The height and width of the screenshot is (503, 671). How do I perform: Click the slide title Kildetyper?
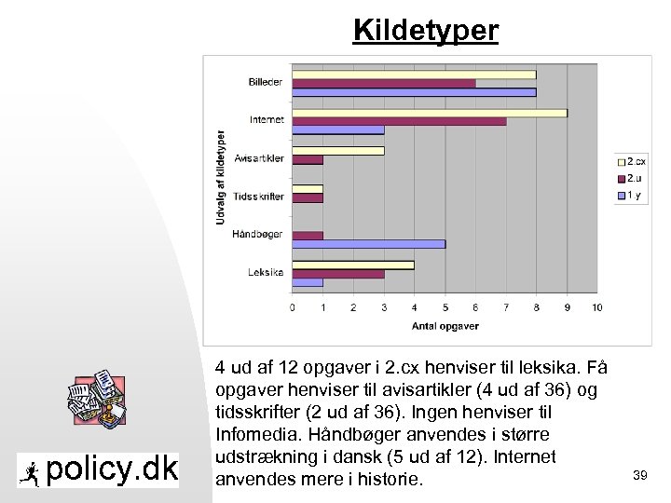[x=426, y=31]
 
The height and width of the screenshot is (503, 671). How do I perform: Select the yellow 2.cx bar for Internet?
[x=430, y=113]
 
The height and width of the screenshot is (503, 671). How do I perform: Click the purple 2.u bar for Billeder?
[x=384, y=83]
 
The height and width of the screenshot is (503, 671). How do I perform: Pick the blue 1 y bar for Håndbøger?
[x=369, y=244]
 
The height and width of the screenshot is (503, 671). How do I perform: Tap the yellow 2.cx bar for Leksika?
[x=353, y=265]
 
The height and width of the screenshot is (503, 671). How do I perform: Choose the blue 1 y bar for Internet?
[x=338, y=129]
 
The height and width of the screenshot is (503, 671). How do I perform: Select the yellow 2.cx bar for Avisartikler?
[x=338, y=150]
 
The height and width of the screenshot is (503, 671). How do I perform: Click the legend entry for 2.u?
[x=634, y=178]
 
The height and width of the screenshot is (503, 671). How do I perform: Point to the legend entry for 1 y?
[x=633, y=195]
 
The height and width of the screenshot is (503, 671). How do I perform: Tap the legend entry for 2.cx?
[x=636, y=161]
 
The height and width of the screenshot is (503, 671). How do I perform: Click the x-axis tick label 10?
[x=596, y=307]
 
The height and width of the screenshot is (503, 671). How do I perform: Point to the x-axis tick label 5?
[x=445, y=307]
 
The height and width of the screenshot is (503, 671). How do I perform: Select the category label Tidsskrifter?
[x=258, y=197]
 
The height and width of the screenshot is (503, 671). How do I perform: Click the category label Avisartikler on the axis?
[x=259, y=158]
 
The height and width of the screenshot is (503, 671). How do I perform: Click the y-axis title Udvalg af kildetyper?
[x=221, y=175]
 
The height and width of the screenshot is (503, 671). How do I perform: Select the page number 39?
[x=639, y=476]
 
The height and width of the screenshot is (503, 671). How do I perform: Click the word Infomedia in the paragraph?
[x=253, y=434]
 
